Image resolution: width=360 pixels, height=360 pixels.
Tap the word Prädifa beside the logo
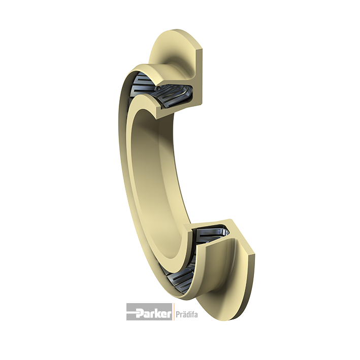pos(187,314)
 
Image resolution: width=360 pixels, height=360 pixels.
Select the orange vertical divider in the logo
pos(173,312)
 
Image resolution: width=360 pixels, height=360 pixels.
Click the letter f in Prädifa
pos(193,314)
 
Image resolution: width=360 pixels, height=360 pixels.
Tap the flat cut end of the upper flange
pos(199,69)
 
